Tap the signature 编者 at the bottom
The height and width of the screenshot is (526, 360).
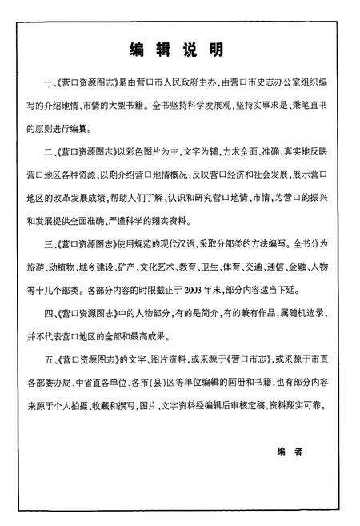(x=289, y=452)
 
